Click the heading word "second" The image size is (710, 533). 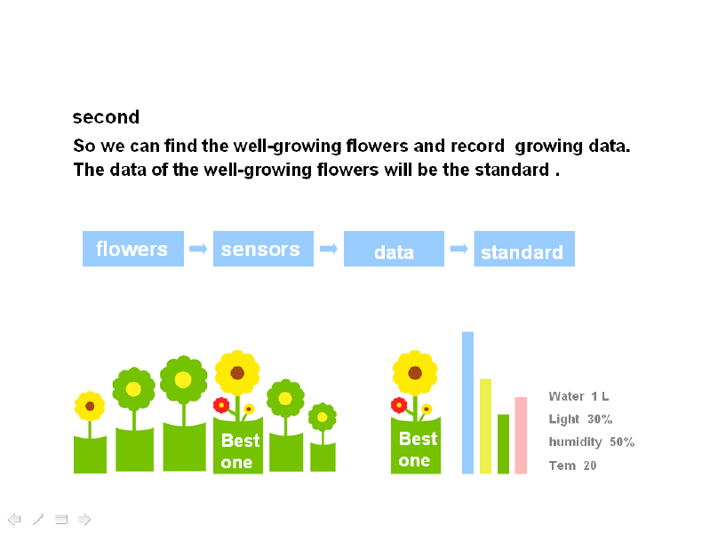tap(106, 117)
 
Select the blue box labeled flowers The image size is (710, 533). tap(133, 249)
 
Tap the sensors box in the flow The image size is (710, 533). tap(263, 249)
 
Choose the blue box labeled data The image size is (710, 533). tap(394, 249)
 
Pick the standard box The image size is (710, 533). tap(524, 249)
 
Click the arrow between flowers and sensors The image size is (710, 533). tap(198, 249)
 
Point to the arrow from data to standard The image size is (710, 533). tap(459, 249)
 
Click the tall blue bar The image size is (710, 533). tap(467, 402)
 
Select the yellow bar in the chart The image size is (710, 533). tap(485, 426)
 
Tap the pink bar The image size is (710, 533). tap(521, 435)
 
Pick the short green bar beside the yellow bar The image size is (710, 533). tap(503, 444)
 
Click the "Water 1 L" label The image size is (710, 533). tap(578, 396)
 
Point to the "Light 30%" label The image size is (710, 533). tap(580, 419)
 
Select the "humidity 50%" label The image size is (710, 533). tap(591, 442)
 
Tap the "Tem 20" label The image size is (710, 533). tap(572, 465)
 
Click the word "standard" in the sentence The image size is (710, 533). tap(512, 170)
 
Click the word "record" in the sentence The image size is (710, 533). tap(477, 146)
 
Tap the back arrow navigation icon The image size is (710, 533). tap(14, 519)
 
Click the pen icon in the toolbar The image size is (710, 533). tap(38, 519)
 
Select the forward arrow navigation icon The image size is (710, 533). tap(84, 519)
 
